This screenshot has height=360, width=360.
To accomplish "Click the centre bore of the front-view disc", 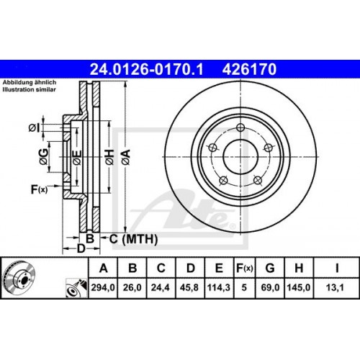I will tap(240, 153).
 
